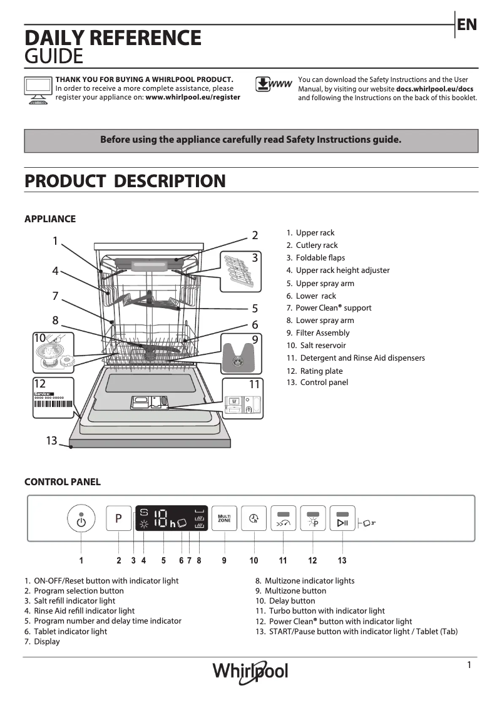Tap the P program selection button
[x=118, y=518]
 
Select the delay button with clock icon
[x=254, y=518]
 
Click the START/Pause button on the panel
[x=342, y=519]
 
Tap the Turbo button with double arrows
[x=283, y=519]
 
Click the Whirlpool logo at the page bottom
[x=250, y=671]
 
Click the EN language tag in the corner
[x=467, y=25]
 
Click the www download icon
[x=274, y=85]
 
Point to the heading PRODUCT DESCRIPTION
[x=125, y=182]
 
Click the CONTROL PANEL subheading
[x=62, y=482]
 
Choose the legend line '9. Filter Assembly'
[x=318, y=333]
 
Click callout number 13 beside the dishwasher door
[x=51, y=441]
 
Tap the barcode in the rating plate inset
[x=53, y=404]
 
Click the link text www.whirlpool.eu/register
[x=193, y=98]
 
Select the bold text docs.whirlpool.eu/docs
[x=434, y=89]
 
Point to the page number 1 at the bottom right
[x=469, y=665]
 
